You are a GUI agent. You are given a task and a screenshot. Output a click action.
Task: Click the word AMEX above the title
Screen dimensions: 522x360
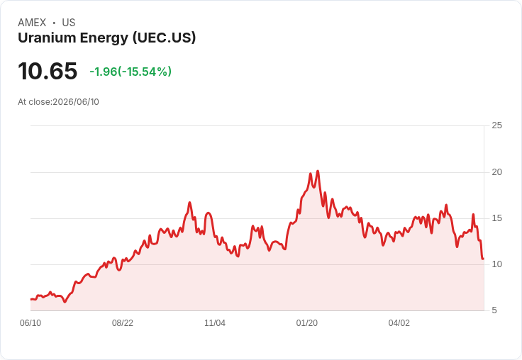click(32, 23)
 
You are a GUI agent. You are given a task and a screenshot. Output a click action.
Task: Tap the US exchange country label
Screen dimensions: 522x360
click(69, 23)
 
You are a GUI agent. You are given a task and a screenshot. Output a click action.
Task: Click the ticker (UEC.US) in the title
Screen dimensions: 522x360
click(164, 38)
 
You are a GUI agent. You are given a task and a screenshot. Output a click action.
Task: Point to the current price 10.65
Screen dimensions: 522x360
click(48, 71)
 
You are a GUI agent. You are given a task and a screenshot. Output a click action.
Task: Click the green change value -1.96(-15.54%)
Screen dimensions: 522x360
click(130, 72)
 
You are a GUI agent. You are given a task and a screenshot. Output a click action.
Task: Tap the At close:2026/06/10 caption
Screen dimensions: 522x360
click(58, 102)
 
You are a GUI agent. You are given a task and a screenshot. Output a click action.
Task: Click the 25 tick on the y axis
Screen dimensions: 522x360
click(496, 125)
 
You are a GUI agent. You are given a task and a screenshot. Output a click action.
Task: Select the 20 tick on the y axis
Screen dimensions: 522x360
click(496, 172)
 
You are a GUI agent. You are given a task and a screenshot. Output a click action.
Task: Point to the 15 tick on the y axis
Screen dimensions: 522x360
click(496, 218)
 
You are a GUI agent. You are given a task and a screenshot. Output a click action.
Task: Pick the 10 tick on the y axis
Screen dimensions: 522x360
click(496, 264)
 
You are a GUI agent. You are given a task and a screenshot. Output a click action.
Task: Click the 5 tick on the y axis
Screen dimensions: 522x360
click(494, 310)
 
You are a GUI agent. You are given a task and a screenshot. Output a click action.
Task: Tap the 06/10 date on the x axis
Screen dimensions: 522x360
click(30, 323)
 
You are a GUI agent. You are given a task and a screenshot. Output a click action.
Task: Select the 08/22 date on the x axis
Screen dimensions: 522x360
click(123, 323)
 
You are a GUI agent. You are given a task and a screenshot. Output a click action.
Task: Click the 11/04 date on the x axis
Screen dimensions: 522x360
click(215, 323)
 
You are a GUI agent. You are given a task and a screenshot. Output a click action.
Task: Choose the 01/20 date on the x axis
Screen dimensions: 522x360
click(307, 323)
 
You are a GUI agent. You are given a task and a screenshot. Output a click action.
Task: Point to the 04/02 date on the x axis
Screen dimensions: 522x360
click(399, 323)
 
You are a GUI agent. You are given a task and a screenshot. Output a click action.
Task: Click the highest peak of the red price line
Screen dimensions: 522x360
click(318, 171)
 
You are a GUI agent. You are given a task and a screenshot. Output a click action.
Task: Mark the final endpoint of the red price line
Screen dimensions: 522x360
click(483, 259)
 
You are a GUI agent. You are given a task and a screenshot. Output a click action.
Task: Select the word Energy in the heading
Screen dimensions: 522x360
click(104, 38)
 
